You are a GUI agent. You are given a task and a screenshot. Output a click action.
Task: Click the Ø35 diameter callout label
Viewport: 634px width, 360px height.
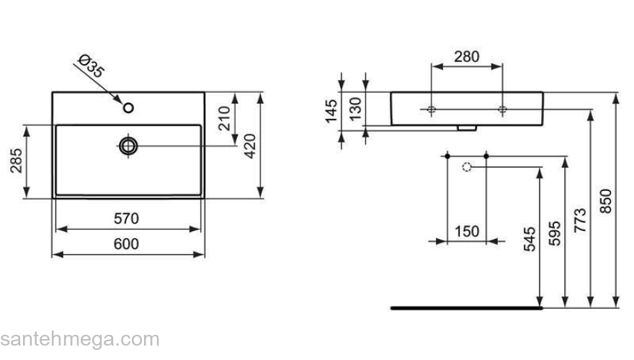point(91,66)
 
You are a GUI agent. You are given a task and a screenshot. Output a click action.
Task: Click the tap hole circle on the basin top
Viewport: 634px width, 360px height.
point(129,108)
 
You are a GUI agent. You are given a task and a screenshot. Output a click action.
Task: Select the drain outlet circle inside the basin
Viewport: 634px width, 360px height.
point(128,146)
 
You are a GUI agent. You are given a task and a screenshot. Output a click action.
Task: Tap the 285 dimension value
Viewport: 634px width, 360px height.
point(15,162)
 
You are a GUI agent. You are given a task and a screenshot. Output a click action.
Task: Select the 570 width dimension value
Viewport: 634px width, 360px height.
point(126,218)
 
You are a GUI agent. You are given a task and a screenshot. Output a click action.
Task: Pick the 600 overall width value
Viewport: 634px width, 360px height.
point(127,244)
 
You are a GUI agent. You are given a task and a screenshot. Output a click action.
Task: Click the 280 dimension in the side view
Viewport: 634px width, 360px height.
point(466,56)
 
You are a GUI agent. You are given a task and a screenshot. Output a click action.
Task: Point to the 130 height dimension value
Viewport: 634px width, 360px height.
point(354,109)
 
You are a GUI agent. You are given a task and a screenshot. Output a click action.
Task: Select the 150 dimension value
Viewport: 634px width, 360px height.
point(466,231)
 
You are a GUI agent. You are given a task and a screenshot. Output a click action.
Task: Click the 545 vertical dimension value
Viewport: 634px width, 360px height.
point(530,239)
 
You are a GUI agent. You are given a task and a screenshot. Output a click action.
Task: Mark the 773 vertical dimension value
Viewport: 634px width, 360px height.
point(580,218)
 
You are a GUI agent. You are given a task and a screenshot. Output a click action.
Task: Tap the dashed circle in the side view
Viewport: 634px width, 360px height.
point(466,167)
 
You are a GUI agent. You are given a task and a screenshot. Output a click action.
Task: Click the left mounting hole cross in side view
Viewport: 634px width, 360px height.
point(430,109)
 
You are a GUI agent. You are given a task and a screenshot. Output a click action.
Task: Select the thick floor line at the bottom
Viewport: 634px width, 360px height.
point(465,307)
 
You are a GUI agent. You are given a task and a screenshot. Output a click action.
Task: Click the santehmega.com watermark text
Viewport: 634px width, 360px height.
point(79,339)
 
